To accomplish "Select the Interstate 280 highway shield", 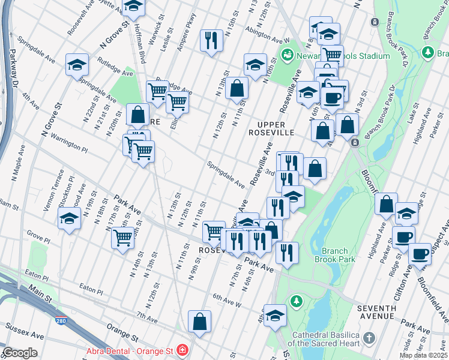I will tap(61, 322).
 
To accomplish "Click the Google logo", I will tap(20, 353).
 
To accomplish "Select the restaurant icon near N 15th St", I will tap(210, 40).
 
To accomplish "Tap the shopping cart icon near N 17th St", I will tap(123, 237).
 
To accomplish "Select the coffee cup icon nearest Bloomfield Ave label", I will tap(420, 253).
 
